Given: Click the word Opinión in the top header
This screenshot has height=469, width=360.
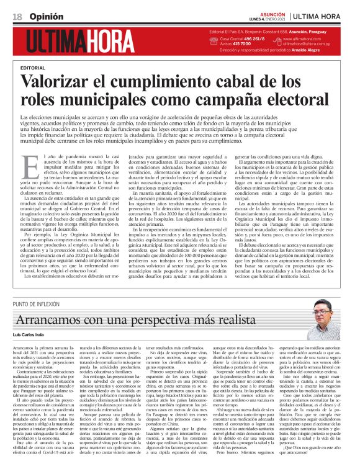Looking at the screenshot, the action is click(40, 16).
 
